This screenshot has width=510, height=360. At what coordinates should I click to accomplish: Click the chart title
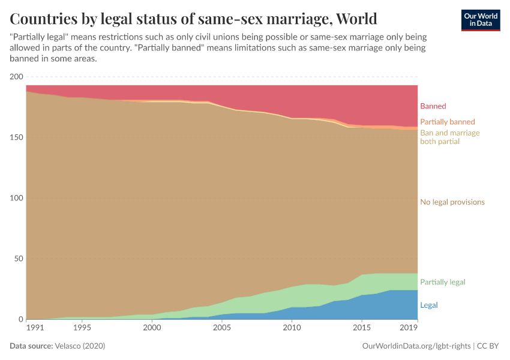pos(193,18)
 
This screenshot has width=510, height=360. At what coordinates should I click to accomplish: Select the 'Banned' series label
pos(433,106)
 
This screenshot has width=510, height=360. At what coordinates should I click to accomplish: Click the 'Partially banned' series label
pos(447,121)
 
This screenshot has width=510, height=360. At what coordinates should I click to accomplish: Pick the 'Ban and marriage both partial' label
pos(449,137)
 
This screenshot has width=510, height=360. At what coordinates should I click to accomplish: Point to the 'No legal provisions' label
pos(452,202)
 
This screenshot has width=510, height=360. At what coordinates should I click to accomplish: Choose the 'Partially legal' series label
pos(442,282)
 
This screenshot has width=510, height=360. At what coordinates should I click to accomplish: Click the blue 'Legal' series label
pos(429,305)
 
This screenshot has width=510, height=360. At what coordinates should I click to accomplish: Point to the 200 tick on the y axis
pos(16,77)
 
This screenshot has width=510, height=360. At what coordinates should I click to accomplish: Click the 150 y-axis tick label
pos(16,137)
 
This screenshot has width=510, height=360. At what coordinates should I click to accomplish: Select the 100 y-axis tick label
pos(16,198)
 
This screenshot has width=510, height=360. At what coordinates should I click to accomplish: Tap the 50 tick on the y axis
pos(18,259)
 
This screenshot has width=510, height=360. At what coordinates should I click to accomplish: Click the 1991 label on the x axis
pos(35,328)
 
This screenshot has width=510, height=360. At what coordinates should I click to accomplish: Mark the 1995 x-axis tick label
pos(82,328)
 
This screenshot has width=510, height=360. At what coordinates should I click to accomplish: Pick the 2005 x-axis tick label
pos(222,328)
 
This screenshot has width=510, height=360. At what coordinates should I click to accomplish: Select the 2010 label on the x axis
pos(292,328)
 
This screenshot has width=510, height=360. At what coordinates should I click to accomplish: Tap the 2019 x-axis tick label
pos(409,328)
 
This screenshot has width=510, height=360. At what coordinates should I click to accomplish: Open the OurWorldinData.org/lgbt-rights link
pos(417,346)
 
